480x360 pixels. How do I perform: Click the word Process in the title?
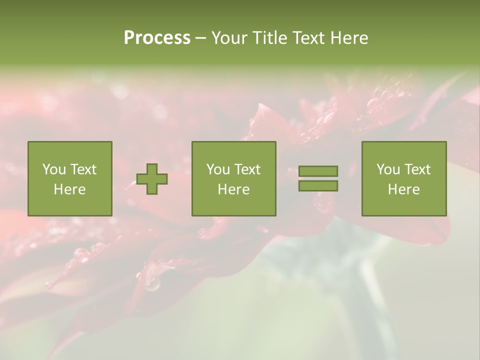tap(157, 38)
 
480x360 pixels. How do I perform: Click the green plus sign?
tap(152, 179)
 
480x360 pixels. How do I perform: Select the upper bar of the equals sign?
tap(318, 171)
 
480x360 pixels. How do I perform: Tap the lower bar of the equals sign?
tap(318, 185)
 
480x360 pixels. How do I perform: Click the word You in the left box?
tap(53, 169)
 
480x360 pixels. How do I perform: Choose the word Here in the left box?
tap(69, 189)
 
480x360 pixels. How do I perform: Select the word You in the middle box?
tap(217, 169)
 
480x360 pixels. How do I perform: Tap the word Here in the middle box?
tap(233, 189)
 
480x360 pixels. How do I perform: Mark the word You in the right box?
tap(387, 169)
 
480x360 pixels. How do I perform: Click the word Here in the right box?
tap(403, 189)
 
